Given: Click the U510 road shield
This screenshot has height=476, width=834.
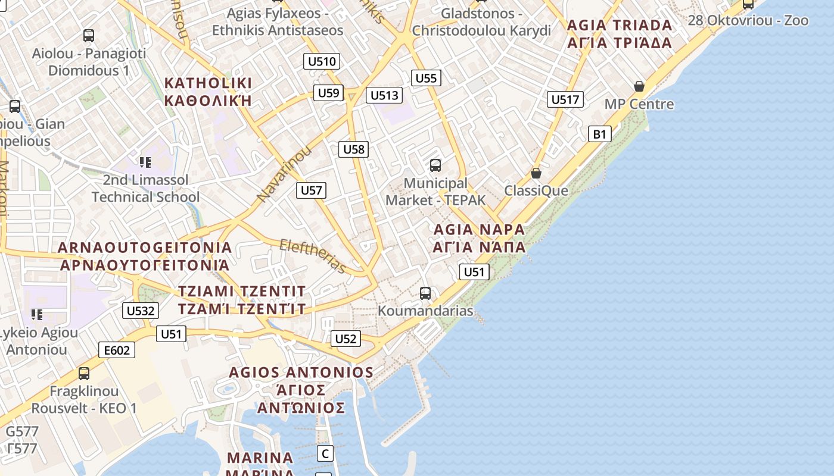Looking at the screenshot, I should pyautogui.click(x=322, y=61).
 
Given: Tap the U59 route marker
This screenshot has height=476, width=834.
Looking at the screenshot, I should pyautogui.click(x=328, y=92).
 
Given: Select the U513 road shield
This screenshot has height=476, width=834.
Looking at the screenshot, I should pyautogui.click(x=384, y=95).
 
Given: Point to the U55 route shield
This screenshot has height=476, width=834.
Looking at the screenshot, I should pyautogui.click(x=426, y=78).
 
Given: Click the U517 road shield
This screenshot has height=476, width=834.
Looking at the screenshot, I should pyautogui.click(x=565, y=99).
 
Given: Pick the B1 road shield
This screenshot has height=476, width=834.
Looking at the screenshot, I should pyautogui.click(x=599, y=134).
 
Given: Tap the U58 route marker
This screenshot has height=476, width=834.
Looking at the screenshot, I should pyautogui.click(x=354, y=149).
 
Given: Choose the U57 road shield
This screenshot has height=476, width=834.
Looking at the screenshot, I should pyautogui.click(x=311, y=190).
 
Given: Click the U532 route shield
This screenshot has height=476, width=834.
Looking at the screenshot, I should pyautogui.click(x=141, y=310).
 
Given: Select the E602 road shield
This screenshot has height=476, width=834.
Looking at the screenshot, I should pyautogui.click(x=117, y=350).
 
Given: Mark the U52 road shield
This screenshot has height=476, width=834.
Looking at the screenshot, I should pyautogui.click(x=346, y=339).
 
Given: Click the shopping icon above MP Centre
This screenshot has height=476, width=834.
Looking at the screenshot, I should pyautogui.click(x=639, y=86).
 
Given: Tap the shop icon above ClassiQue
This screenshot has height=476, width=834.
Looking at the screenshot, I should pyautogui.click(x=536, y=173).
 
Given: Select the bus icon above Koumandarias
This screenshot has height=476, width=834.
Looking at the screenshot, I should pyautogui.click(x=425, y=293).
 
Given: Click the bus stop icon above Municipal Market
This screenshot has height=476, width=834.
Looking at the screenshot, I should pyautogui.click(x=435, y=165).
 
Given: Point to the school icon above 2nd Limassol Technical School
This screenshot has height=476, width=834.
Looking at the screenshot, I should pyautogui.click(x=145, y=162).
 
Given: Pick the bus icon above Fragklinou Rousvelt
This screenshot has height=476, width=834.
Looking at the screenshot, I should pyautogui.click(x=84, y=374).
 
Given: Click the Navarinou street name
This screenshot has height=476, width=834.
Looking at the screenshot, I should pyautogui.click(x=284, y=173).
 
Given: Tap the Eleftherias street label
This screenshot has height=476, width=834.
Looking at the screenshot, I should pyautogui.click(x=313, y=256).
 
